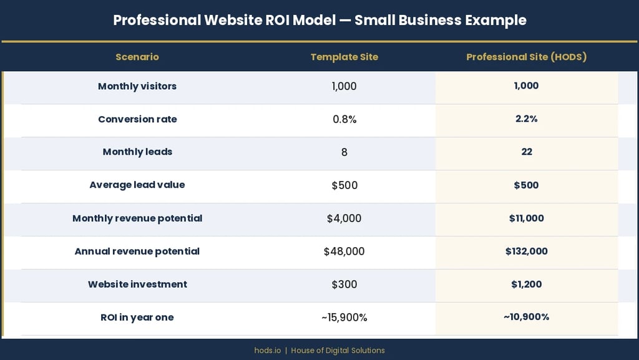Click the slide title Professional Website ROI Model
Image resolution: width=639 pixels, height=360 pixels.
point(319,20)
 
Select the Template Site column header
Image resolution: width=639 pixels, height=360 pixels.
point(344,57)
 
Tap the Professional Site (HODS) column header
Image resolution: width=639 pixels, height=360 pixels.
point(526,57)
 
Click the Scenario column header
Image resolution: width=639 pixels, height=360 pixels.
point(137,57)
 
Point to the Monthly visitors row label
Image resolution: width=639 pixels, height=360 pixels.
point(137,86)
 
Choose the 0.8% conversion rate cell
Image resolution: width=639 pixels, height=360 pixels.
point(344,119)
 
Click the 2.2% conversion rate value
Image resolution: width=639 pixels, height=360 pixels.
point(526,119)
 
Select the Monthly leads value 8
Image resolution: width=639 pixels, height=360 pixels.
point(344,152)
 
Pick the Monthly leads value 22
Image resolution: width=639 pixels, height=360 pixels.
point(526,152)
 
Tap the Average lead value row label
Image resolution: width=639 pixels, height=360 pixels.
point(137,185)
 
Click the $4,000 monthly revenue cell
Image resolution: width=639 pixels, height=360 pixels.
point(344,218)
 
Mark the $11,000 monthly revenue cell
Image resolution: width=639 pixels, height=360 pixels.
point(526,218)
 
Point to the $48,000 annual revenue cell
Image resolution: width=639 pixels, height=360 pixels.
point(344,251)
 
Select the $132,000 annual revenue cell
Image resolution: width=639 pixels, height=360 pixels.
point(526,251)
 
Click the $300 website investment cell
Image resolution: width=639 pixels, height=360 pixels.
point(344,285)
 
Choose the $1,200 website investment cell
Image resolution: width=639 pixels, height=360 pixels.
point(526,285)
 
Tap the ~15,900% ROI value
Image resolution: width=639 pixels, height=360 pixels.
point(344,318)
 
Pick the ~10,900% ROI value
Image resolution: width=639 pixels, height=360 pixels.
point(526,317)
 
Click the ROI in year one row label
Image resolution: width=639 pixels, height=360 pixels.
point(137,318)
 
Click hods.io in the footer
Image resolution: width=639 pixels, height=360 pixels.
point(267,351)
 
